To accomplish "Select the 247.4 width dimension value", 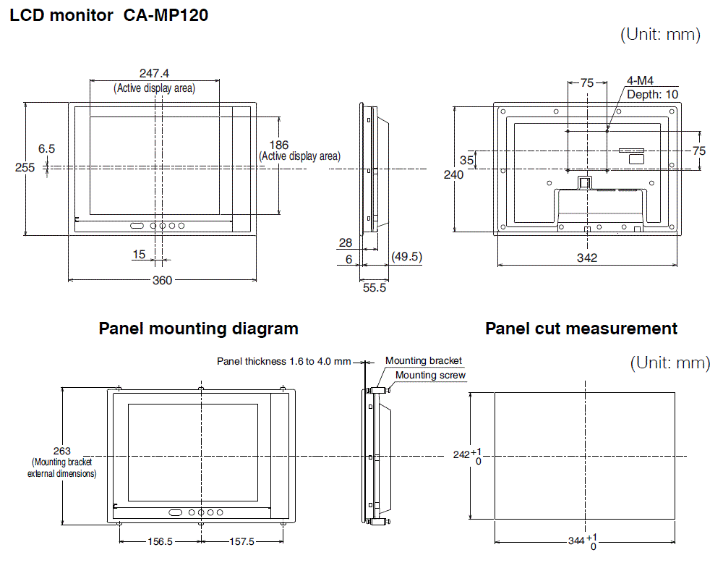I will click(x=154, y=74).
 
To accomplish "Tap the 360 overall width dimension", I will click(x=162, y=280).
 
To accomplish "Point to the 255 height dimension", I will click(x=25, y=167).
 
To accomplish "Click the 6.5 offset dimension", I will click(x=47, y=148).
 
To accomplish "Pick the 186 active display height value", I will click(x=278, y=145).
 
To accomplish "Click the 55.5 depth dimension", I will click(x=375, y=287).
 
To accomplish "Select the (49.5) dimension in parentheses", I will click(x=406, y=257).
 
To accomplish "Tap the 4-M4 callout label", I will click(x=640, y=81).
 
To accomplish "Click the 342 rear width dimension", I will click(x=587, y=258).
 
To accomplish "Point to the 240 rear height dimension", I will click(x=453, y=175).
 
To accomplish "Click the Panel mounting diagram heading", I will click(x=198, y=329).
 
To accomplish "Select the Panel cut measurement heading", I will click(x=581, y=329).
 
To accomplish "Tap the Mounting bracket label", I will click(x=423, y=360).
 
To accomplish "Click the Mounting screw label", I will click(x=430, y=375).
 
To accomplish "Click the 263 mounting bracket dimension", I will click(x=62, y=450).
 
